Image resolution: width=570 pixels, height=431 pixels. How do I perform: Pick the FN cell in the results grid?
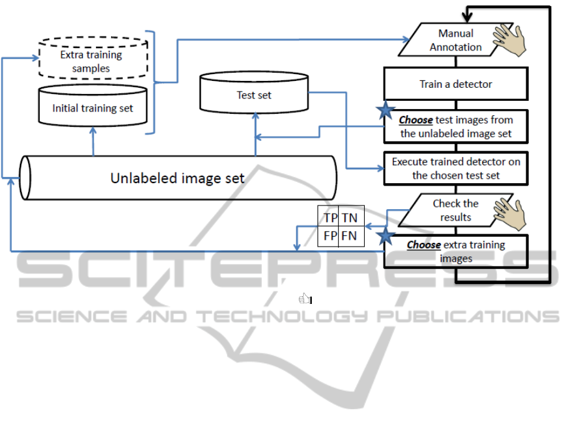click(x=350, y=236)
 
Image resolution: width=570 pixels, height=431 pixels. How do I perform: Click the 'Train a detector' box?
click(x=455, y=84)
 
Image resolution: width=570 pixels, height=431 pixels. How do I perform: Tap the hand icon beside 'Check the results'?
click(x=511, y=211)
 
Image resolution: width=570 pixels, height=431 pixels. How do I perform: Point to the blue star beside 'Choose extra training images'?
click(x=385, y=235)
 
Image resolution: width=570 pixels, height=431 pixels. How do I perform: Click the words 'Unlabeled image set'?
click(x=177, y=178)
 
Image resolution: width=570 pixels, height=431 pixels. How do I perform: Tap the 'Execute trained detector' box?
click(x=455, y=169)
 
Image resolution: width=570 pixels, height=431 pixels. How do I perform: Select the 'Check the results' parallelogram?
click(x=455, y=211)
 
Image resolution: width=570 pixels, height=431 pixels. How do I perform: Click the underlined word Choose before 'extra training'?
click(x=423, y=245)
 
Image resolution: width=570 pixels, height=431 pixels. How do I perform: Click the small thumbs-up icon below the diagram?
click(x=305, y=300)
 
